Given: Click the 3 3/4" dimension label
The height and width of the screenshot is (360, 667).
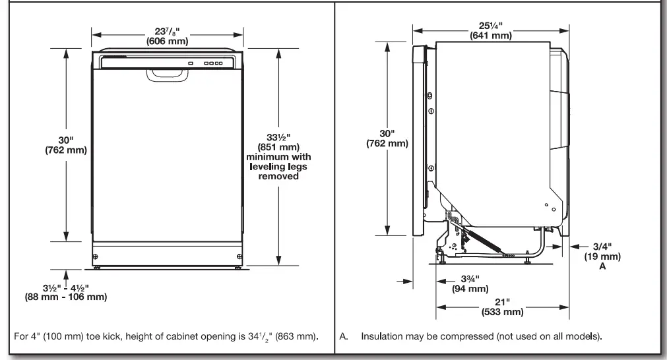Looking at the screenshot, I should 469,278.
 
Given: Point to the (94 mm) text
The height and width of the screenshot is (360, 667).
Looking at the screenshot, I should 469,288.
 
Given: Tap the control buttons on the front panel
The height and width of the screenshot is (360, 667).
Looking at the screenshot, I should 212,64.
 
